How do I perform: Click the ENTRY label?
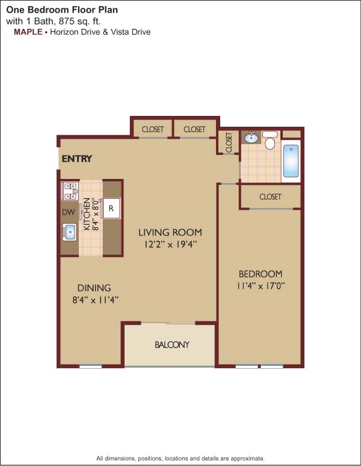[77, 159]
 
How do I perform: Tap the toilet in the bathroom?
[270, 141]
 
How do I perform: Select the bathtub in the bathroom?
[291, 161]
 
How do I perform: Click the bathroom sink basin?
[251, 137]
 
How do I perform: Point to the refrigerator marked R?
[111, 208]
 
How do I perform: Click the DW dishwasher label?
[69, 212]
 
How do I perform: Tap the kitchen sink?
[69, 232]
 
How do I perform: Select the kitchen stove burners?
[70, 191]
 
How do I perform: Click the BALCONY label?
[172, 345]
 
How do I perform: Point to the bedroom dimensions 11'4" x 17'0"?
[261, 286]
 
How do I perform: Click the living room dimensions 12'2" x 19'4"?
[170, 244]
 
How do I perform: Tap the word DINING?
[94, 288]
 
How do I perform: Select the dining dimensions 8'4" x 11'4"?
[96, 300]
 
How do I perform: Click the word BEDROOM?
[261, 274]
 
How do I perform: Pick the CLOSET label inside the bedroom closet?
[270, 197]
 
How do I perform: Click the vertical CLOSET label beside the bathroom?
[229, 142]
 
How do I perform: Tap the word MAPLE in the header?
[28, 32]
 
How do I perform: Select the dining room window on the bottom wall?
[90, 366]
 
